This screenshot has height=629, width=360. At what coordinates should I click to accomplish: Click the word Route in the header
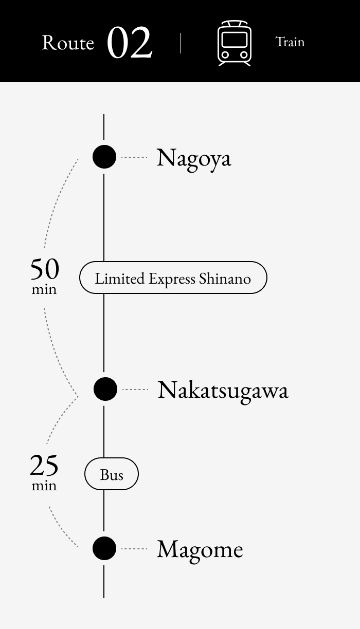click(68, 43)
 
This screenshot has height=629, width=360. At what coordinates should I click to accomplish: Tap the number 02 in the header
click(130, 43)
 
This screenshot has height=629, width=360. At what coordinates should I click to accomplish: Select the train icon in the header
click(235, 43)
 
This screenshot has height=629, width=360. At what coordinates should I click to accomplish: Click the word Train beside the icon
click(290, 42)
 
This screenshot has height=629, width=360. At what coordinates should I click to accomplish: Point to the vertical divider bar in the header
click(181, 43)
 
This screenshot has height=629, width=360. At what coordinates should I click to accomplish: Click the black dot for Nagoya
click(104, 156)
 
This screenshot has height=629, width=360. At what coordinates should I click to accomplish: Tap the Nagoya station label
click(194, 157)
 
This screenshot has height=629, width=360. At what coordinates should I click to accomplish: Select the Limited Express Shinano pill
click(173, 278)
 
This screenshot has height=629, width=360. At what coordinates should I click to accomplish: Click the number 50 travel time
click(45, 269)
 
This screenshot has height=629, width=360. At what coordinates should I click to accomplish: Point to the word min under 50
click(44, 289)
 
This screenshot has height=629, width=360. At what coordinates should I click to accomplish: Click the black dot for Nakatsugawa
click(105, 389)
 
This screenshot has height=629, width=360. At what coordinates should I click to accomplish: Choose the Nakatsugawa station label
click(223, 390)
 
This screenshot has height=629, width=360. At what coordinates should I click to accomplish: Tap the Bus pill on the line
click(112, 474)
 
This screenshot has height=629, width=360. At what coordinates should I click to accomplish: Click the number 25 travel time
click(44, 466)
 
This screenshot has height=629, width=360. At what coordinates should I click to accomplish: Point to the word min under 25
click(44, 486)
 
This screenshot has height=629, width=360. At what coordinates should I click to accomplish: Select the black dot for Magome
click(104, 548)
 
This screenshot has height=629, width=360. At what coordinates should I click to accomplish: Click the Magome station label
click(200, 549)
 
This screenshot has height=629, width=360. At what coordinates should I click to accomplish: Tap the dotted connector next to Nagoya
click(134, 157)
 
